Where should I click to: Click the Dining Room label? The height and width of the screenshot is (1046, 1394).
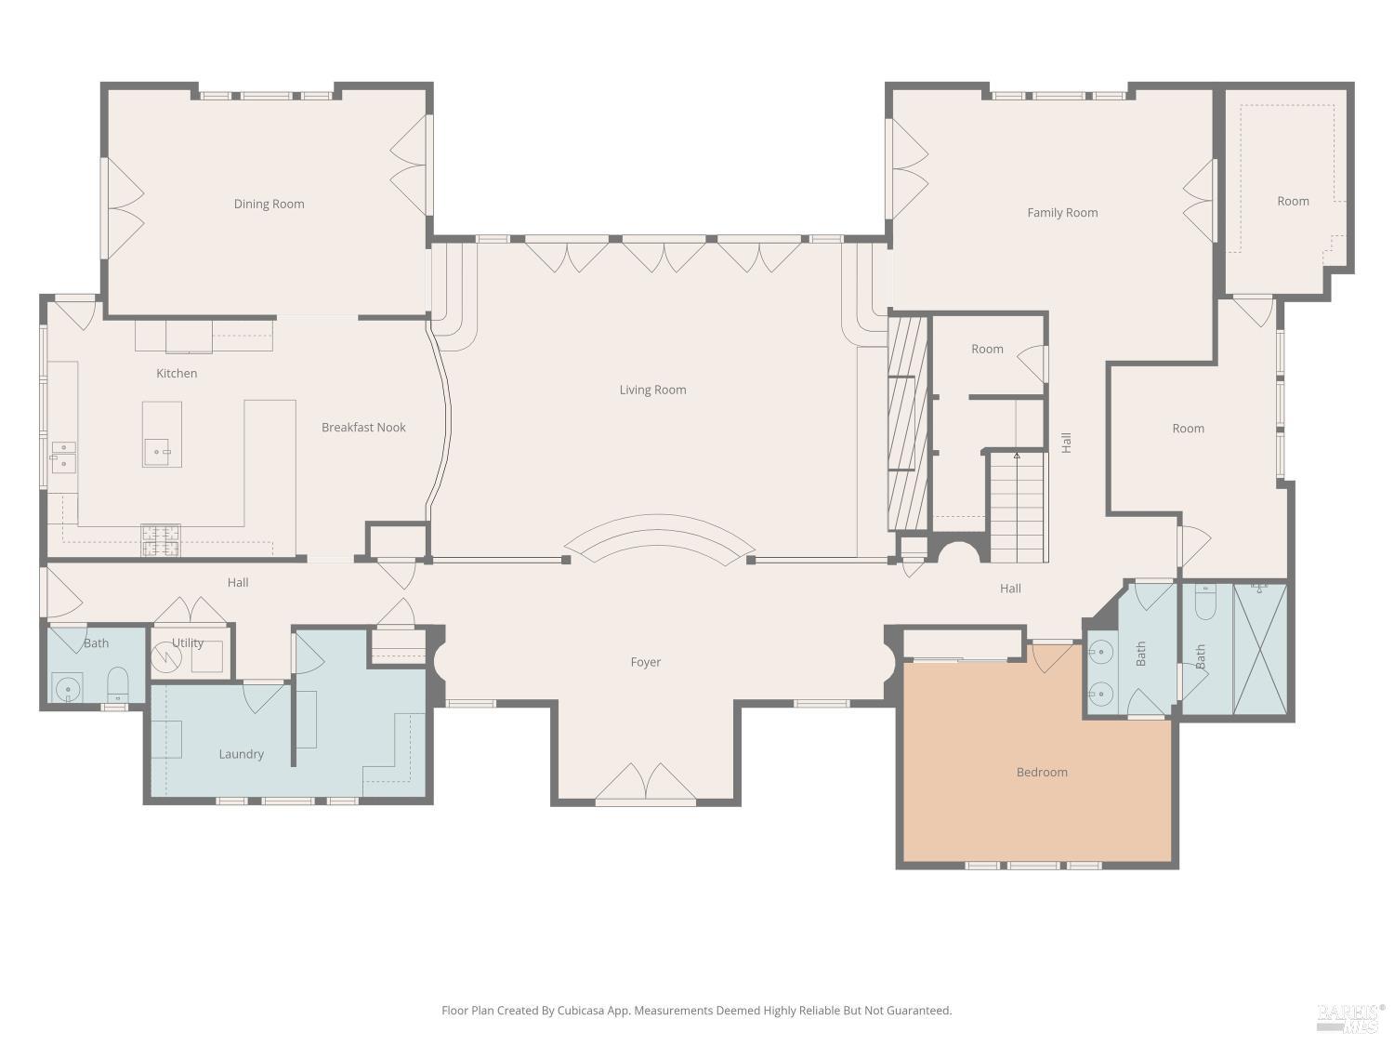[269, 204]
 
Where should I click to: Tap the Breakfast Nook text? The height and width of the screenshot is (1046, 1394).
[363, 427]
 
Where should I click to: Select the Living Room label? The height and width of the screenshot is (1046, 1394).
[652, 390]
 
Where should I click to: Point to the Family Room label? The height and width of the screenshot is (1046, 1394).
[1062, 212]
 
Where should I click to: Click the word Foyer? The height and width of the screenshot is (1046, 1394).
[645, 662]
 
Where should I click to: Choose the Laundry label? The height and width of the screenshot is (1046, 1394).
[241, 754]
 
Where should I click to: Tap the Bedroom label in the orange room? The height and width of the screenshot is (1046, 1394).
[1042, 772]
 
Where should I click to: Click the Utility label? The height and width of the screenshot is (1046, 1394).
[188, 642]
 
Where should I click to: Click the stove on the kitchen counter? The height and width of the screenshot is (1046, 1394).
[160, 541]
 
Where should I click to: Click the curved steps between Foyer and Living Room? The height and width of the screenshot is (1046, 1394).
[659, 539]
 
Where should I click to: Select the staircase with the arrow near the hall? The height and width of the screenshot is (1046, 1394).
[1017, 507]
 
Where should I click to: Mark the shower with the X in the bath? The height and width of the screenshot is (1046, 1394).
[1259, 648]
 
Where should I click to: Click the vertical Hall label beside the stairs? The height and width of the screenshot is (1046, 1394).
[1066, 443]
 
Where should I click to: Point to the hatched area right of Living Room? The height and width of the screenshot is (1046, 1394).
[908, 423]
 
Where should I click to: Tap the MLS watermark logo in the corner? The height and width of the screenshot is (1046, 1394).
[1350, 1018]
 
